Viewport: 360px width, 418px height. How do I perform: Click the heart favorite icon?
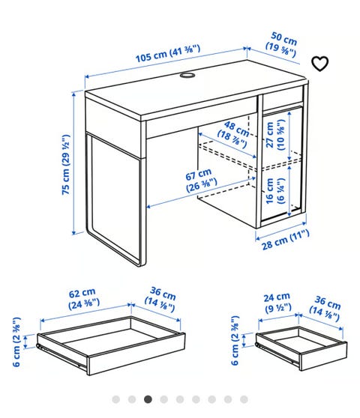pos(319,64)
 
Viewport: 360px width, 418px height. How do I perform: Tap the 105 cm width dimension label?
pos(168,53)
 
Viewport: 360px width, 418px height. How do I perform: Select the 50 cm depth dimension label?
pos(282,44)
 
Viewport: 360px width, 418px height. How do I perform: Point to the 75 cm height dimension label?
pos(66,165)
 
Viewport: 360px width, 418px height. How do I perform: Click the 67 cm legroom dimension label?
pos(200,180)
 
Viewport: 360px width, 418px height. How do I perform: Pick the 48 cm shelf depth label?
pos(233,134)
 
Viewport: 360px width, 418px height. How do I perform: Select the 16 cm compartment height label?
pos(274,190)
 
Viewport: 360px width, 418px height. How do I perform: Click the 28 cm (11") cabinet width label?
pos(285,240)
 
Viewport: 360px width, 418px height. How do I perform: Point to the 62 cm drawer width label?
pos(83,298)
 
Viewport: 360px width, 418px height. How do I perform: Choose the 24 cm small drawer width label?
pos(277,303)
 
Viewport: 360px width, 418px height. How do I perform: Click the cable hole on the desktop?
pos(187,75)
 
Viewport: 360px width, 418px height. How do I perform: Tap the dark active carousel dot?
pos(148,399)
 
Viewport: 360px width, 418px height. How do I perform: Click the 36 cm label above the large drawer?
pos(160,299)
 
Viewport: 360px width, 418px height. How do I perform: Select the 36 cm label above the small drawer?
pos(325,308)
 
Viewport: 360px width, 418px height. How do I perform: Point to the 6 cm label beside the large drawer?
pos(16,342)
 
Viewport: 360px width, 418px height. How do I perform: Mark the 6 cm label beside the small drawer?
pos(235,340)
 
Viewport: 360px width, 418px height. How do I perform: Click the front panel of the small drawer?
pos(324,357)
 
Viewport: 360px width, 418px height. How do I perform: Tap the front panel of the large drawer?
pos(136,354)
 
